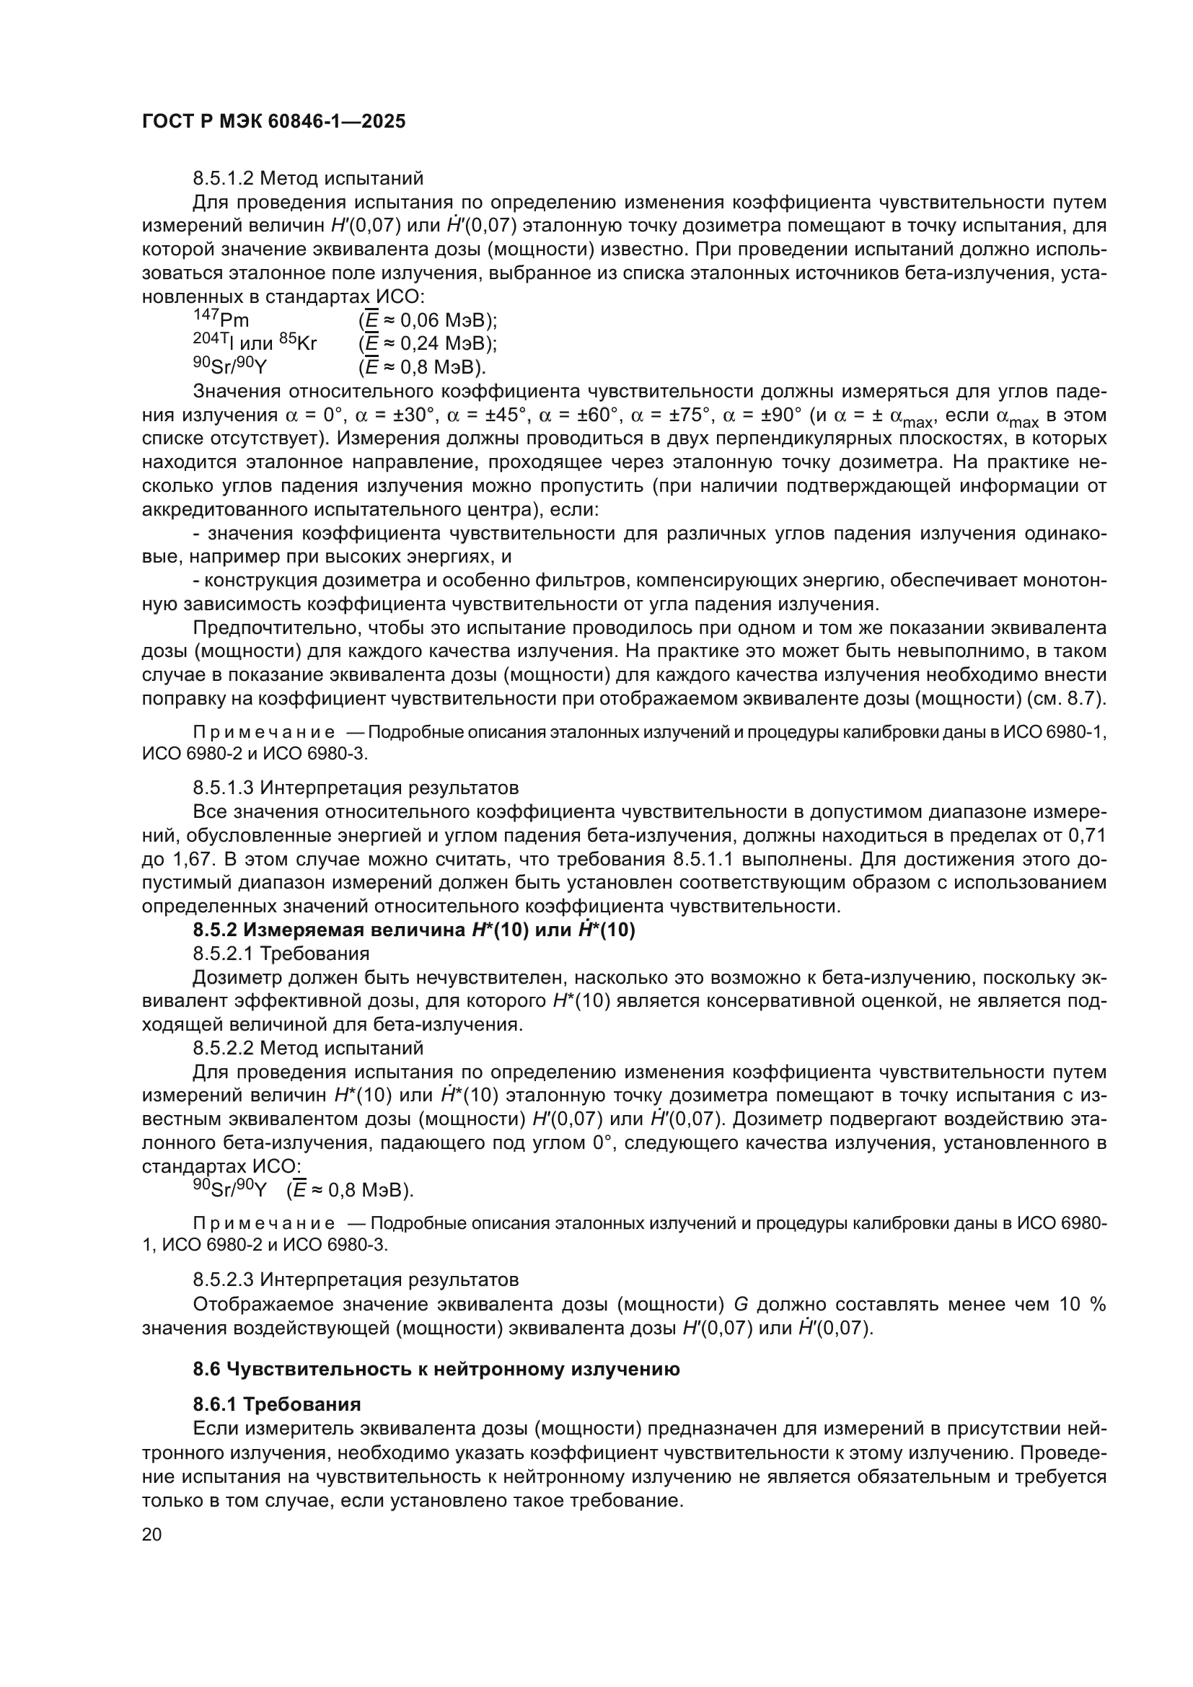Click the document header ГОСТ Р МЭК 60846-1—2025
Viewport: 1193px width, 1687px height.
[273, 122]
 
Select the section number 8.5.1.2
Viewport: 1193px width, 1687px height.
[224, 179]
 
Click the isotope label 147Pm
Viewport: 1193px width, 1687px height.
[221, 320]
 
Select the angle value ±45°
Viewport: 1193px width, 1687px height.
[504, 416]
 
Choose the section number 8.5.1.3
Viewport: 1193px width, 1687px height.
[224, 788]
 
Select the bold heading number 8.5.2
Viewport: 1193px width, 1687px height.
[215, 931]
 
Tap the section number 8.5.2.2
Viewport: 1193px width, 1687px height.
[224, 1049]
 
